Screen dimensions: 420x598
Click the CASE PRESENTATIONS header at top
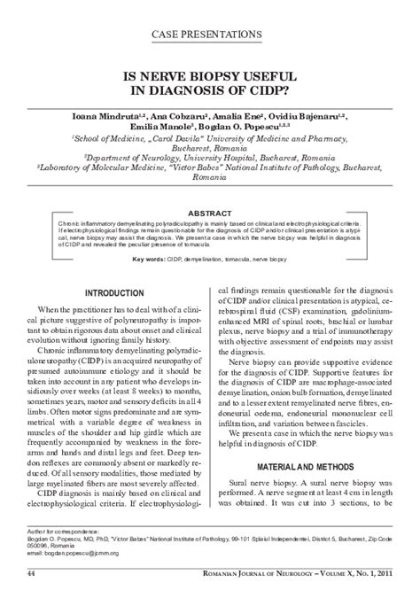[x=207, y=34]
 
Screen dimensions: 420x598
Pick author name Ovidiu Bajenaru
[x=316, y=115]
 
